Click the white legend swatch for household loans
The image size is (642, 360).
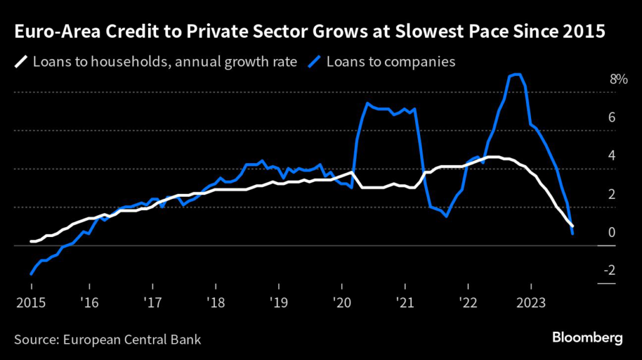point(21,61)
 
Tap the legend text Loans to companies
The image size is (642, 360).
point(389,62)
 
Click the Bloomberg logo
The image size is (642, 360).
point(587,338)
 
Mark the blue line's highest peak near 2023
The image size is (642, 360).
point(516,74)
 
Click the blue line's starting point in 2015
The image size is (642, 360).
point(31,274)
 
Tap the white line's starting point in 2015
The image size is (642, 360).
point(31,241)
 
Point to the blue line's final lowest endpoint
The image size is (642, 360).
point(572,234)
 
